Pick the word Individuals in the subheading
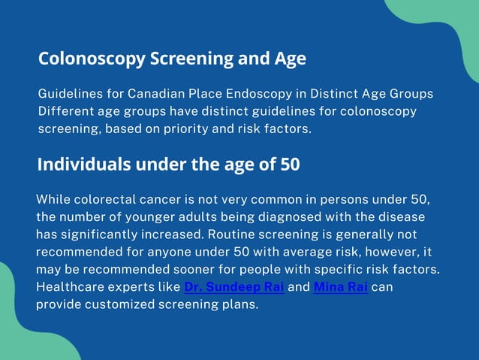click(x=81, y=165)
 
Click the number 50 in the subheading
click(x=290, y=165)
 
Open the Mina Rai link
click(x=340, y=287)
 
